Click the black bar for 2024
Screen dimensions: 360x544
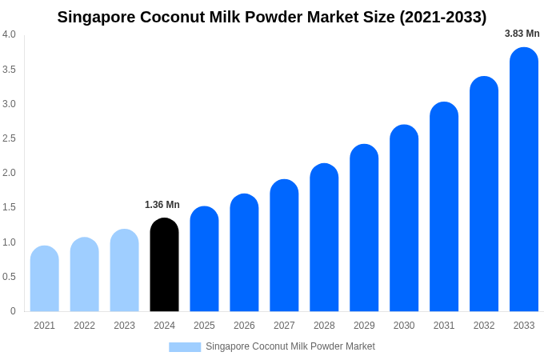164,265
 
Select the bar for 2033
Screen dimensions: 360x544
524,179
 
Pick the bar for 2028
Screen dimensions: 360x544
324,238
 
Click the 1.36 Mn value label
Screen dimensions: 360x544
162,205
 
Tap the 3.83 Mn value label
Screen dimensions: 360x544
522,34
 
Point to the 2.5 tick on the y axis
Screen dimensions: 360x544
9,138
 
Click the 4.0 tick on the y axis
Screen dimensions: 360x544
9,34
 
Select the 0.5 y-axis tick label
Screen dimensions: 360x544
9,277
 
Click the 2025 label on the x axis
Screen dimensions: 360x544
204,326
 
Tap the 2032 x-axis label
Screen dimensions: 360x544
484,326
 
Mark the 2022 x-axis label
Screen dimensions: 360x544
85,326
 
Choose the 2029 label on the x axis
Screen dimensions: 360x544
364,326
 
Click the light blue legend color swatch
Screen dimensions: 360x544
185,347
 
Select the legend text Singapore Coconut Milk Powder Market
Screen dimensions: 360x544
290,346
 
